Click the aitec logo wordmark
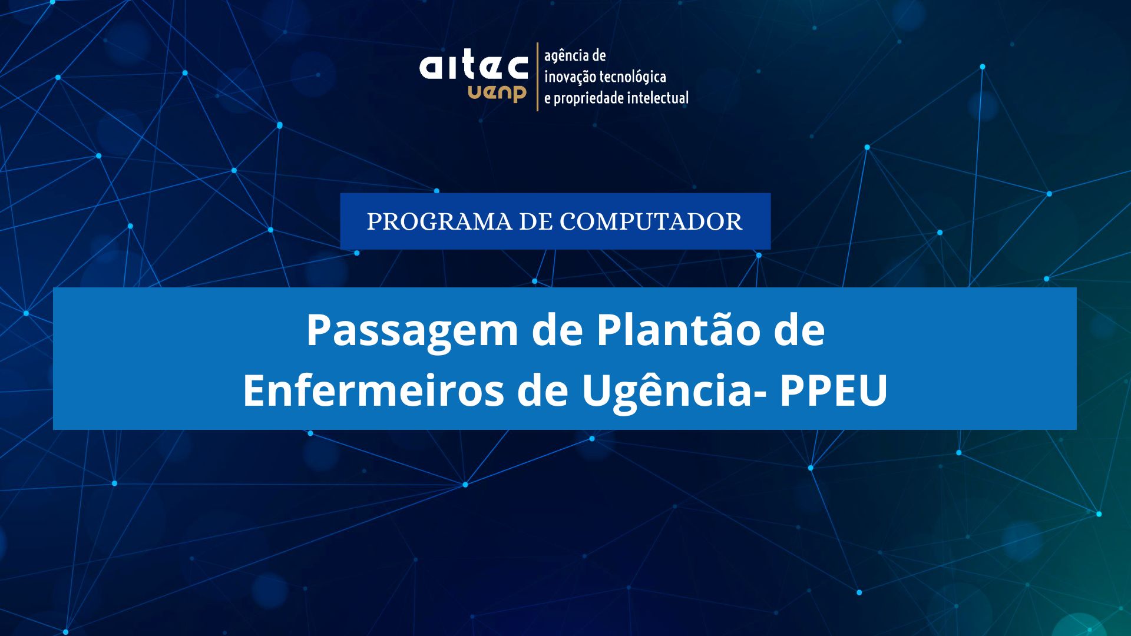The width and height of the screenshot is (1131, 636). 474,67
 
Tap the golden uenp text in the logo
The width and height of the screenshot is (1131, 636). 497,93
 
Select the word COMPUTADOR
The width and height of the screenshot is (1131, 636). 651,222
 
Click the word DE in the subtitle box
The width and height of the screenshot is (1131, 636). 536,222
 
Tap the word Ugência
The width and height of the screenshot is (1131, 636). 668,392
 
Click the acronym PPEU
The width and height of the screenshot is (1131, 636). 834,390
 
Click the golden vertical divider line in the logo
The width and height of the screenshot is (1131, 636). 537,77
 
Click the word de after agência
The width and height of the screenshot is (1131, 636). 599,56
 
